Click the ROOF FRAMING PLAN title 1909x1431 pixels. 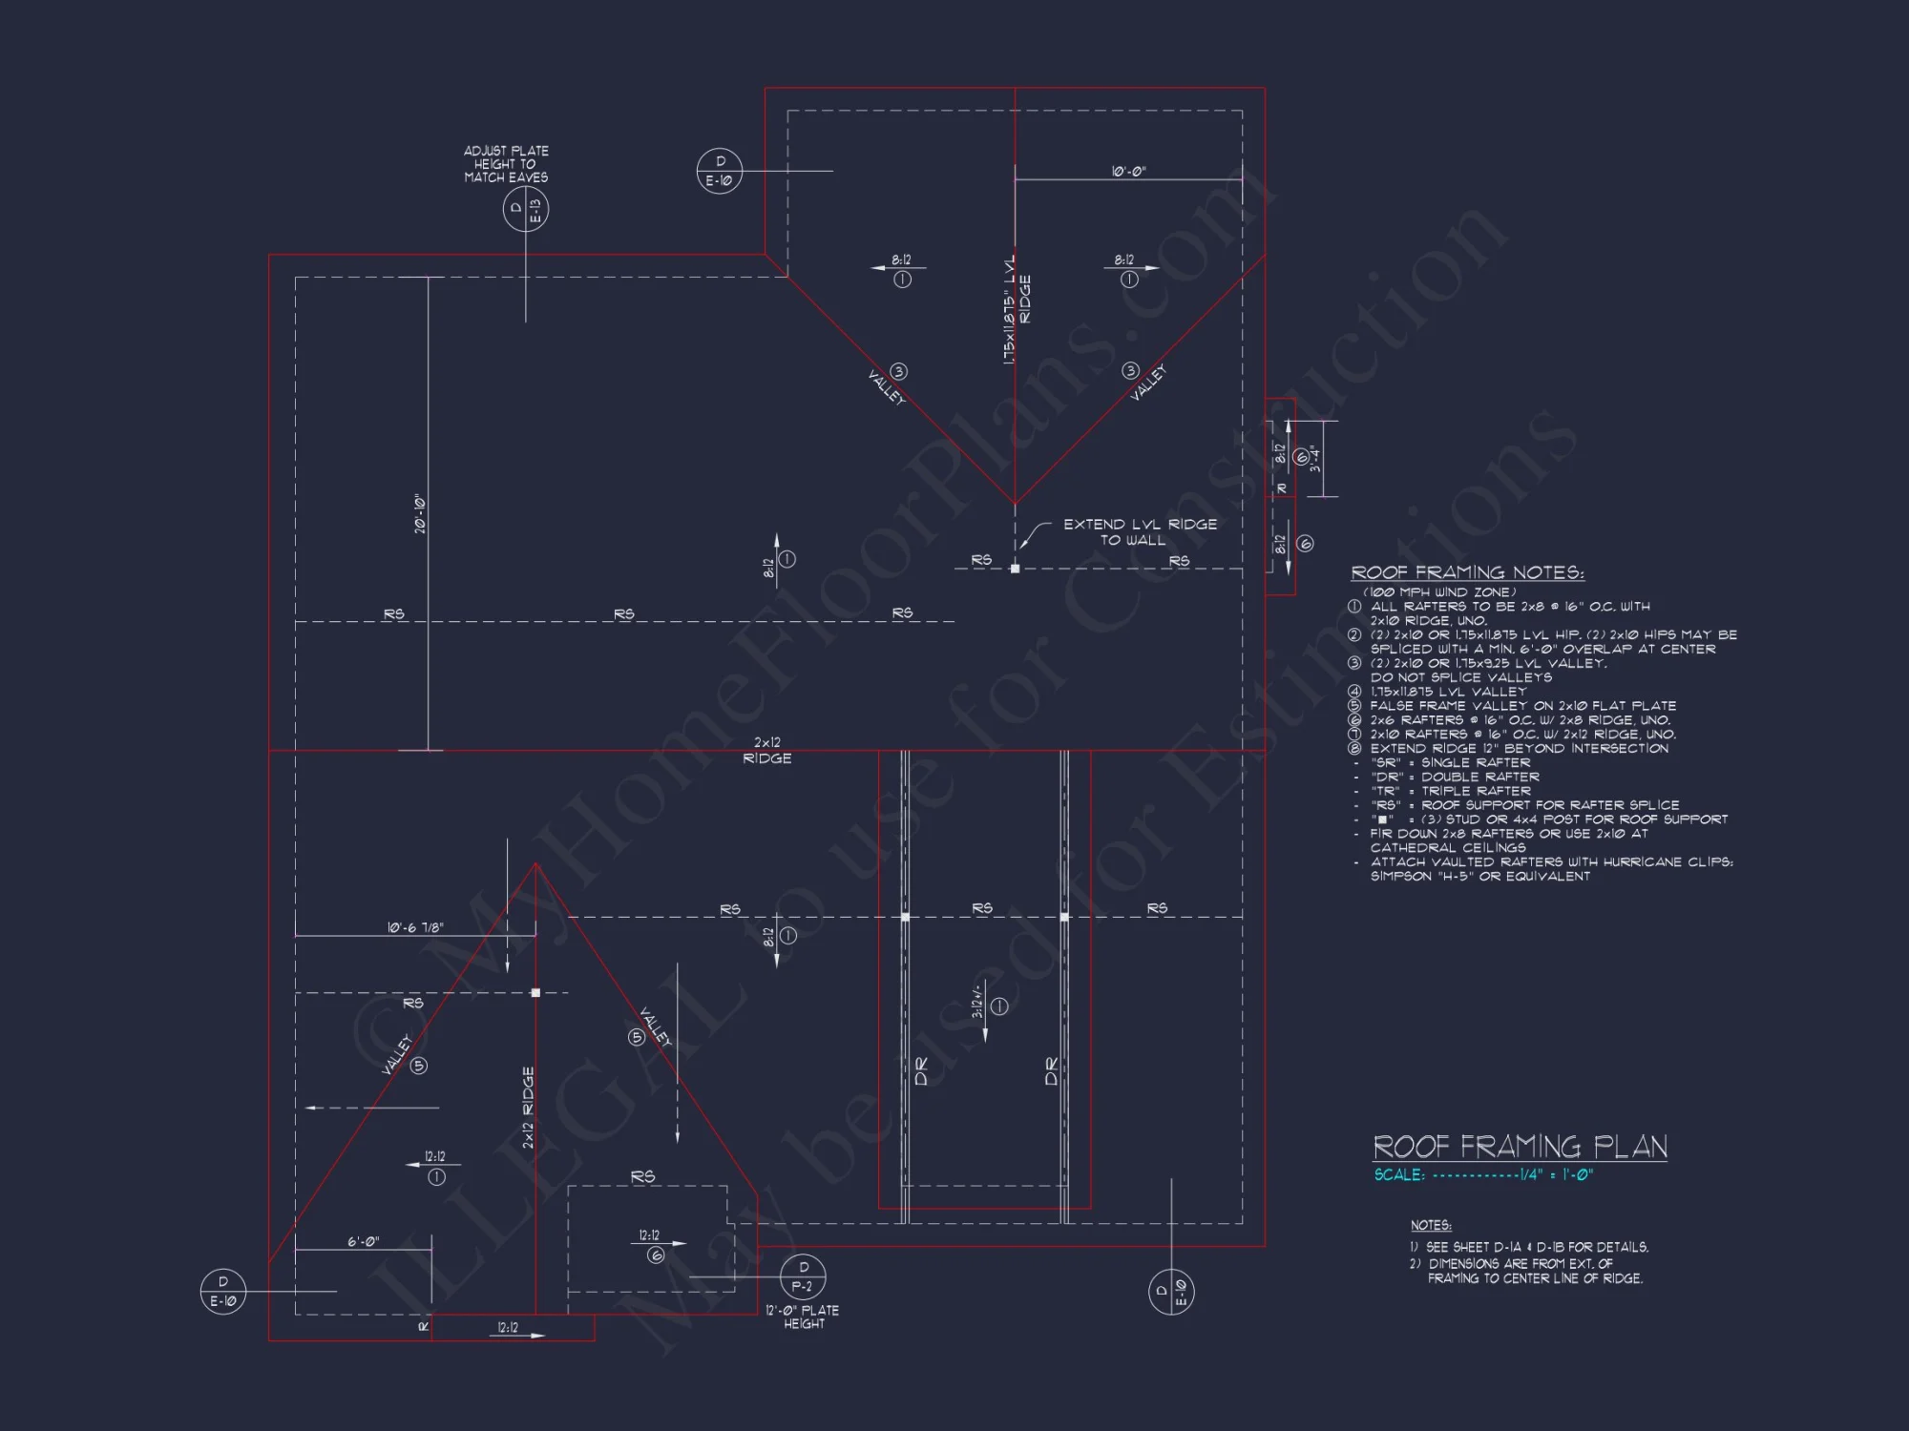coord(1520,1146)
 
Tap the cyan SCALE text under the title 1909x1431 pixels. coord(1483,1174)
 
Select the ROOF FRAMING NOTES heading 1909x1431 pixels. coord(1467,572)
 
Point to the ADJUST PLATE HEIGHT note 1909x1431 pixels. coord(506,164)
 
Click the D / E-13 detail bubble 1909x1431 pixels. coord(526,209)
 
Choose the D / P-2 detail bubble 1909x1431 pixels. coord(803,1276)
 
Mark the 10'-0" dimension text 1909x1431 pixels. coord(1128,172)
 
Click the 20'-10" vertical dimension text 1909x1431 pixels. coord(420,514)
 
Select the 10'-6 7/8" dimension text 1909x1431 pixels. coord(415,927)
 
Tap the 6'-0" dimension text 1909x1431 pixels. coord(363,1242)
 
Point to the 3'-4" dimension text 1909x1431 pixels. coord(1315,459)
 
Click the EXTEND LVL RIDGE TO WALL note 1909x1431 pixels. coord(1140,531)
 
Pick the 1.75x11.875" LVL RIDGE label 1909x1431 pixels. coord(1017,308)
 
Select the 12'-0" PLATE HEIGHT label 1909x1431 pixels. coord(803,1317)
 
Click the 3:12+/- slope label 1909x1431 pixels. coord(977,1001)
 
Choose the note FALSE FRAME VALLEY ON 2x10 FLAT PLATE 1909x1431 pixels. coord(1522,706)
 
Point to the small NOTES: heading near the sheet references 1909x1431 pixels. coord(1431,1225)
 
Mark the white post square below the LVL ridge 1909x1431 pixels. coord(1015,569)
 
